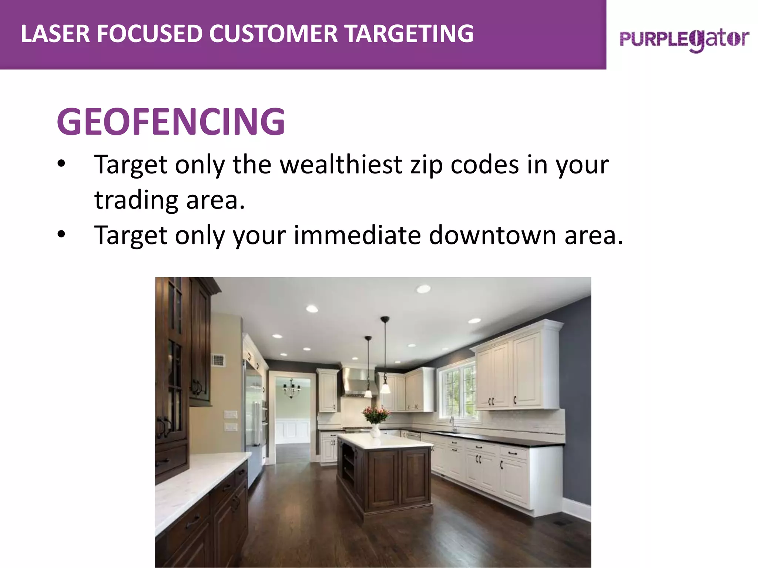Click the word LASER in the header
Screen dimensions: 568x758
pos(55,34)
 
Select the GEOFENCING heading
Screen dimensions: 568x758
pos(171,121)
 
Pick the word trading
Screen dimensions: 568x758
pos(137,200)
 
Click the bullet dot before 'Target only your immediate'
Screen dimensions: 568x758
pos(61,234)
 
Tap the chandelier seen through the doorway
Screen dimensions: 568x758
pos(292,388)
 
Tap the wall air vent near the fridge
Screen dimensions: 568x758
pos(218,360)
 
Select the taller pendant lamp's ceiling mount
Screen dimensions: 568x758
pos(385,319)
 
